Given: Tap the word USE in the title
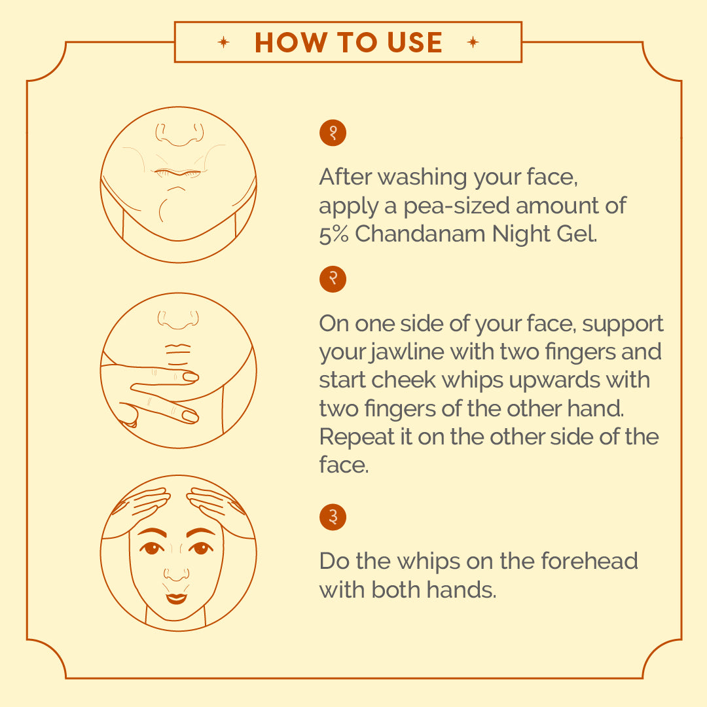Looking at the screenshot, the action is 414,43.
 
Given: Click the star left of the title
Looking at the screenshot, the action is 223,43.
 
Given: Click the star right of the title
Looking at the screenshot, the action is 473,43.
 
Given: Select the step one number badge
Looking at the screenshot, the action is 333,133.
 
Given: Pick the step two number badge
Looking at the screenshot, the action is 333,279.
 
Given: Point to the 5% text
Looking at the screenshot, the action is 334,234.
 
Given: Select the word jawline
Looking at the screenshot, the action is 407,352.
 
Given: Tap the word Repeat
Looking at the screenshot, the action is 357,437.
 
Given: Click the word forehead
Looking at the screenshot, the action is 589,561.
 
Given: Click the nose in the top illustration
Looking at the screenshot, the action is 179,134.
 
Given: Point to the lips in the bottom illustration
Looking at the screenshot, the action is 176,598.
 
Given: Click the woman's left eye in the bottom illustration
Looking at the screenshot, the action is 201,549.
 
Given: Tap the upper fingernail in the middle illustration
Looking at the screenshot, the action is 190,376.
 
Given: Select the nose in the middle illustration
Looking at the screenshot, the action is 178,319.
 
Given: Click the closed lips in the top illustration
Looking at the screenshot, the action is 177,173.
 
